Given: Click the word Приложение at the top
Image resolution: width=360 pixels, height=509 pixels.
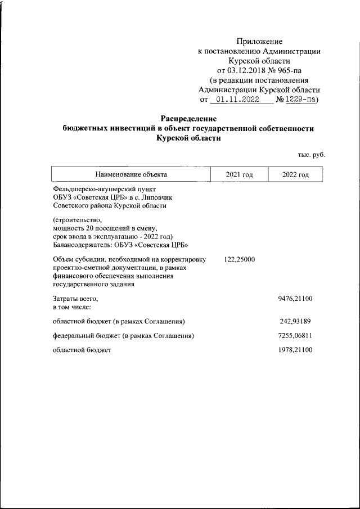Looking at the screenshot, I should point(259,41).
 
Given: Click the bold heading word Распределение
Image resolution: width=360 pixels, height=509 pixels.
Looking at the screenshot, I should point(188,119).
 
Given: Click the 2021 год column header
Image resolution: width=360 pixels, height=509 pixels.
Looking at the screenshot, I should point(239,174).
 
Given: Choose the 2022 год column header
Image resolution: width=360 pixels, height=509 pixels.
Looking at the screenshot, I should point(296,174).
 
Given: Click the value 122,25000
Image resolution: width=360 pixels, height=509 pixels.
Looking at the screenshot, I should point(240,259).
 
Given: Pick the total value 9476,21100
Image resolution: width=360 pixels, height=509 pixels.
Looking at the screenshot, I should point(296,299).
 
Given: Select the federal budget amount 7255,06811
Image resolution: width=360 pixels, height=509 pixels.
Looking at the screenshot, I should point(296,336).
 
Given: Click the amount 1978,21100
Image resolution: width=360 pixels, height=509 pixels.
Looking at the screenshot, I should point(296,350).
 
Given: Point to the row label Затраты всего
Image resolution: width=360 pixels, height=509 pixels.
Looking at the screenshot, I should point(75,299).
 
